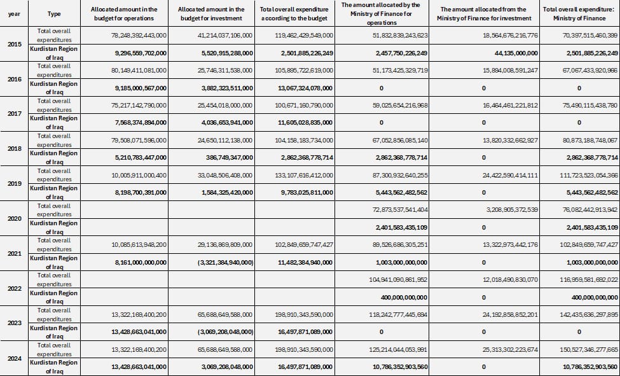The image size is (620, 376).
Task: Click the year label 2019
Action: tap(13, 183)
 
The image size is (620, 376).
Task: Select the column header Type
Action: tap(54, 14)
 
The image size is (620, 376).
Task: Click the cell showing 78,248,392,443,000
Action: tap(139, 36)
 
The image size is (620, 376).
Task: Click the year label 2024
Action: tap(13, 358)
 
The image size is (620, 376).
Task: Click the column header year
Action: tap(13, 14)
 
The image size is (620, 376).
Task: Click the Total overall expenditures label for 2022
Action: tap(54, 280)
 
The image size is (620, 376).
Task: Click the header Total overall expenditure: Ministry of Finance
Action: tap(579, 14)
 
